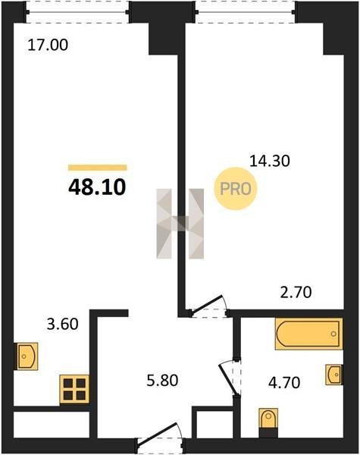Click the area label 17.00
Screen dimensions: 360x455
[x=48, y=45]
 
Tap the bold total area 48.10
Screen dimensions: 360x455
[x=97, y=187]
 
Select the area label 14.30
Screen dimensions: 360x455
[x=270, y=161]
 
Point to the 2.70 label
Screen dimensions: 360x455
[x=296, y=293]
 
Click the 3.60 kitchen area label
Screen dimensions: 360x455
[x=63, y=324]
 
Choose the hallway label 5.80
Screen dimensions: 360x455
[x=162, y=381]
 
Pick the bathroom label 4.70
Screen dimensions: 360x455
[x=284, y=382]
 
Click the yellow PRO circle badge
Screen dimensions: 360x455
[x=236, y=189]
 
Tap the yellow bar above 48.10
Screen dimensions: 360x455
[x=98, y=168]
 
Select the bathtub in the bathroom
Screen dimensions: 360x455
[x=308, y=334]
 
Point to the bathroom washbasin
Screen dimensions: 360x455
[x=334, y=375]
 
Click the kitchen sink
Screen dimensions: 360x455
[x=27, y=356]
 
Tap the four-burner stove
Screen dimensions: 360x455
[x=74, y=389]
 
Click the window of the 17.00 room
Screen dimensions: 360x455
[x=77, y=12]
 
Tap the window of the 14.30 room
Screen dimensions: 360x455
[x=246, y=12]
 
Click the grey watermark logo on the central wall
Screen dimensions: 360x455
[x=180, y=224]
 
